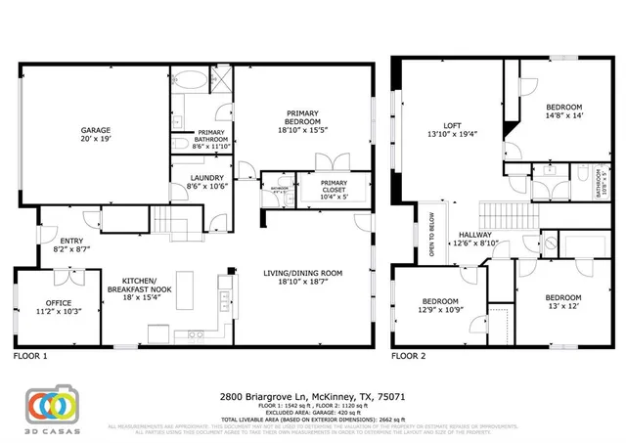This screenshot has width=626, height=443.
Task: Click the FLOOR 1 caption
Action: point(30,357)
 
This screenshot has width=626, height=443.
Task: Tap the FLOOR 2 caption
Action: point(409,357)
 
